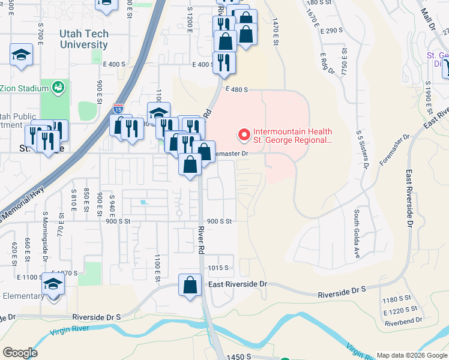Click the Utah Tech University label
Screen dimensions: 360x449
click(84, 40)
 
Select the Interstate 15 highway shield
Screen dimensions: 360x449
click(118, 109)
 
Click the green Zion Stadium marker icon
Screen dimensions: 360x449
click(58, 88)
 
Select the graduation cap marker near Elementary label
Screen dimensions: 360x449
click(53, 284)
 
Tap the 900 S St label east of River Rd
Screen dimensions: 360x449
click(218, 221)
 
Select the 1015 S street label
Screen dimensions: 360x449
click(220, 268)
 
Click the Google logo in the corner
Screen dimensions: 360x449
click(20, 353)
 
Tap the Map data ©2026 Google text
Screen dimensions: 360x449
click(411, 355)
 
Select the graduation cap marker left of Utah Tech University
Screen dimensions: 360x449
click(22, 55)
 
